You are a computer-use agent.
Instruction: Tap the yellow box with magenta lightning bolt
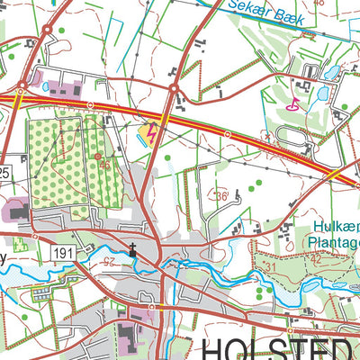[x=149, y=134]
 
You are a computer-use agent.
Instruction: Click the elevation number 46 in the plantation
[x=106, y=165]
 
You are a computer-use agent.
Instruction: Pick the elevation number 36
[x=221, y=196]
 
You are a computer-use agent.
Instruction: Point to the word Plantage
[x=336, y=241]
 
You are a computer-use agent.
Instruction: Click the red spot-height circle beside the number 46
[x=97, y=156]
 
